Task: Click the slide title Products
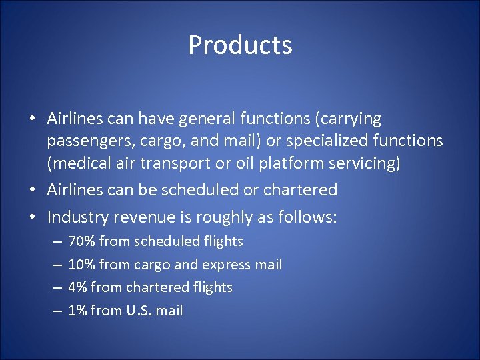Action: point(240,45)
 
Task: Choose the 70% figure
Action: point(81,241)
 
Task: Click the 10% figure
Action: point(81,265)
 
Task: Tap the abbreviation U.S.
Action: point(140,311)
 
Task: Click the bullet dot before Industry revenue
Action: point(34,218)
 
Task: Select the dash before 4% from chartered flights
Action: point(56,287)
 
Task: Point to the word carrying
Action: point(350,119)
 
